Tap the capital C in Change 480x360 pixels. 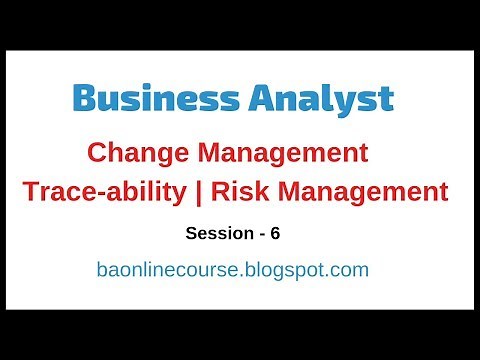tap(96, 154)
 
